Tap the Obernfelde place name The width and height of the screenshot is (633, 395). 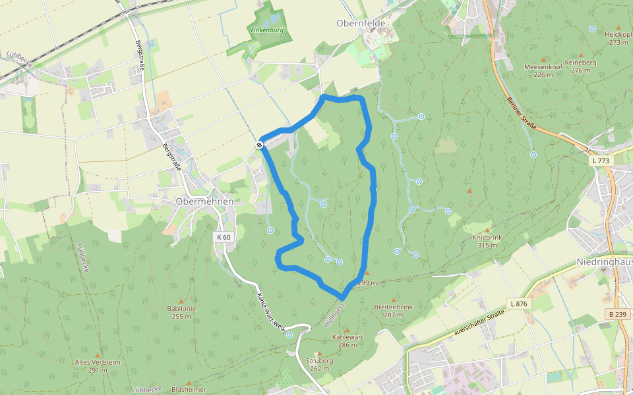click(x=361, y=23)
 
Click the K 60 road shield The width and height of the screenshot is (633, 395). click(x=223, y=236)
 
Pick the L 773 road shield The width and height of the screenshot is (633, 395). click(x=601, y=161)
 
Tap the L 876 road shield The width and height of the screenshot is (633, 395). click(x=519, y=303)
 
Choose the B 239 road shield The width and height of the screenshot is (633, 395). click(x=618, y=314)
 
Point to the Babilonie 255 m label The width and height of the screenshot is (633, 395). click(x=181, y=312)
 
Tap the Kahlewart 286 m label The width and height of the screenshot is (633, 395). click(x=347, y=340)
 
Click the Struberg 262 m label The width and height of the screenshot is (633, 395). click(x=320, y=364)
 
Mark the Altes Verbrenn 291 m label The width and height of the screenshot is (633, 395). click(x=98, y=365)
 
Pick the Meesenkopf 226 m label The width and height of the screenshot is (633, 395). click(x=543, y=70)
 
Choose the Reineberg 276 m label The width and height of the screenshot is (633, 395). click(x=580, y=66)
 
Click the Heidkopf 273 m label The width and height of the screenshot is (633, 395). click(x=618, y=38)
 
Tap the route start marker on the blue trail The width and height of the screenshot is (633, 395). click(x=261, y=144)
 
